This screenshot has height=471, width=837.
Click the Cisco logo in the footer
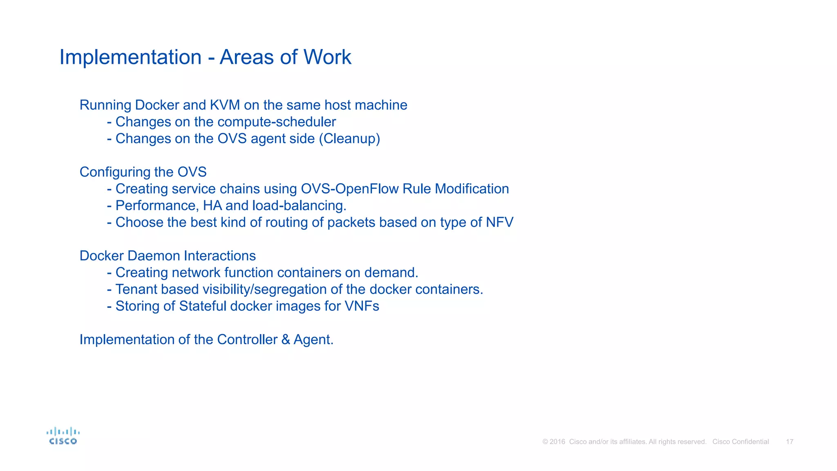(63, 436)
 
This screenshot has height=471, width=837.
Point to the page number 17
(790, 442)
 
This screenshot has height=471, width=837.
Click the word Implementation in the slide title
(130, 57)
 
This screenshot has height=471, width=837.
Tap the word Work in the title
(327, 57)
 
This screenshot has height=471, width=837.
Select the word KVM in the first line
(225, 105)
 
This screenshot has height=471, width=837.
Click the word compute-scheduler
(277, 122)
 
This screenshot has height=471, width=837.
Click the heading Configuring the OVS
(143, 172)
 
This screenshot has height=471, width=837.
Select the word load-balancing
(299, 206)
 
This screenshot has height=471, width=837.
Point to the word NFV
(499, 222)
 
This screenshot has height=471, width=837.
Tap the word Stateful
(203, 306)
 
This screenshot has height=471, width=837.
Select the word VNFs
(362, 306)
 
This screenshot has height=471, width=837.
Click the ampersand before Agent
(285, 340)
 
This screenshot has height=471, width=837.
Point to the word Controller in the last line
(247, 340)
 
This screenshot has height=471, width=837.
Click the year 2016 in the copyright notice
(557, 442)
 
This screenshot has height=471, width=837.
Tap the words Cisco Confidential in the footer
(741, 442)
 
